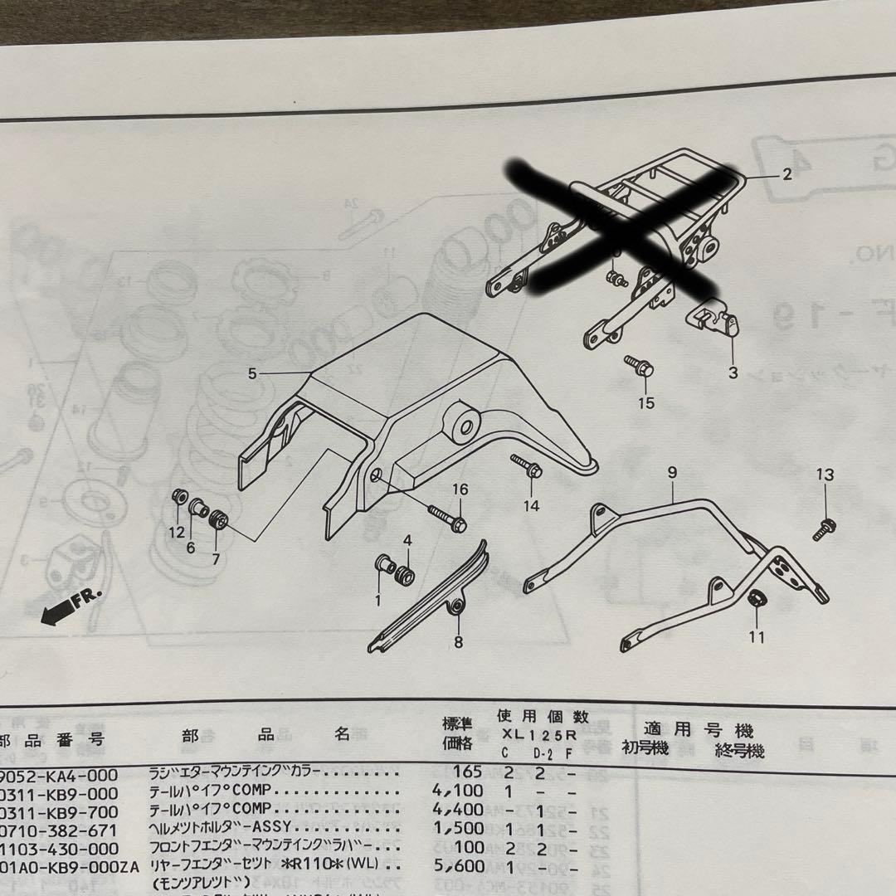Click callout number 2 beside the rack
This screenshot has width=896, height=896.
[x=786, y=174]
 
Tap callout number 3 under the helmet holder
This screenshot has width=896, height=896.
[x=733, y=373]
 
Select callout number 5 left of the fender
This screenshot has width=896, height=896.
[x=252, y=373]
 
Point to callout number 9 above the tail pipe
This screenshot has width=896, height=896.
[x=672, y=472]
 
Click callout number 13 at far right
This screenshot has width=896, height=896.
[x=824, y=475]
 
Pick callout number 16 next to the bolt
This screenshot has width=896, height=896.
[x=460, y=490]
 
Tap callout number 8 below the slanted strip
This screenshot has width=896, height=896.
[x=457, y=641]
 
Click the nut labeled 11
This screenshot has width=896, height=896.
[x=756, y=598]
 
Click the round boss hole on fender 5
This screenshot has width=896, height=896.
[x=463, y=426]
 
